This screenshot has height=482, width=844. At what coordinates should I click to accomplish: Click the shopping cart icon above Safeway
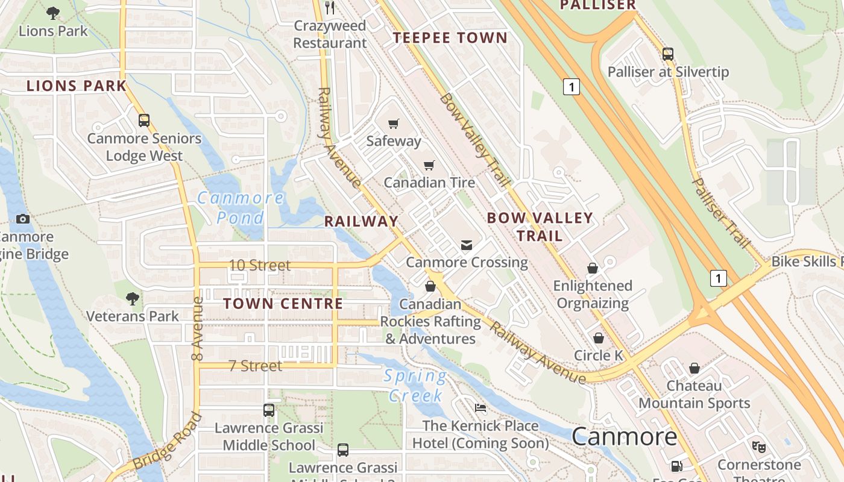tap(394, 124)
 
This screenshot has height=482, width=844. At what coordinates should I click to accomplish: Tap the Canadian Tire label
tap(429, 182)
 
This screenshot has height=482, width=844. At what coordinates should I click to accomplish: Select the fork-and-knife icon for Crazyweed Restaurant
tap(330, 7)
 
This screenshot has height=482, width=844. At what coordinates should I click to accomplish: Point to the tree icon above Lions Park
tap(53, 13)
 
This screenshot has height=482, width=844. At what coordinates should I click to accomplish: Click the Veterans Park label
tap(133, 316)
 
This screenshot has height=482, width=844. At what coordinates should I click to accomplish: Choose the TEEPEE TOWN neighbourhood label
tap(450, 38)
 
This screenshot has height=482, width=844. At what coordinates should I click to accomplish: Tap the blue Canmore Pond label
tap(241, 207)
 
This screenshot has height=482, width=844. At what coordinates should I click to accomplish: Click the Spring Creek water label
tap(416, 386)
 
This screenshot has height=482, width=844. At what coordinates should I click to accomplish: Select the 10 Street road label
tap(260, 265)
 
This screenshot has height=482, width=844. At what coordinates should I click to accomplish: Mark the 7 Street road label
tap(256, 366)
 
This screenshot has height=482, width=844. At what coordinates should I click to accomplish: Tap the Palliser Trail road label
tap(720, 213)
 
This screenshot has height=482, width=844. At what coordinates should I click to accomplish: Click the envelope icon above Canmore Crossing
tap(467, 245)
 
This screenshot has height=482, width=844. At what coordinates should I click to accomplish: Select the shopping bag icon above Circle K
tap(599, 338)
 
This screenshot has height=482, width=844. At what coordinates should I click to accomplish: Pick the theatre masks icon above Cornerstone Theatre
tap(759, 447)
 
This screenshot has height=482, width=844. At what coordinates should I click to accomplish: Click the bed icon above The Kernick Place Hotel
tap(480, 408)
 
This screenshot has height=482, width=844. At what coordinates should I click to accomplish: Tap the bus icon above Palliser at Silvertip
tap(668, 54)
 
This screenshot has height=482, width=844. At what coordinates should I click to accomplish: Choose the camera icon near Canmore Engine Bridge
tap(23, 219)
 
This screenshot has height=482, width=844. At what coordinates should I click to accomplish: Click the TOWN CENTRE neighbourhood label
tap(283, 304)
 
